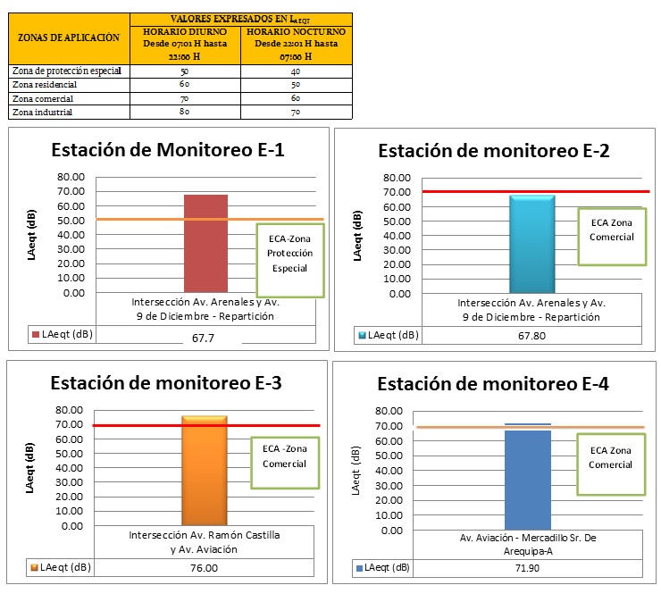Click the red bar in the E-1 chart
point(206,243)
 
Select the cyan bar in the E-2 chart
point(532,244)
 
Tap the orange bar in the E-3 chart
point(205,471)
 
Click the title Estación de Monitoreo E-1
point(168,149)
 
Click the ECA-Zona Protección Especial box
point(289,260)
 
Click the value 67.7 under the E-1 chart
point(205,338)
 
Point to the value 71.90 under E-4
point(527,567)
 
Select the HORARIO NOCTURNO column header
point(296,43)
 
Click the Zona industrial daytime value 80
point(185,113)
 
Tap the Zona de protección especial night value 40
point(296,70)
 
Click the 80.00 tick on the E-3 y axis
point(71,410)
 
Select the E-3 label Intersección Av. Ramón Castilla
point(205,535)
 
